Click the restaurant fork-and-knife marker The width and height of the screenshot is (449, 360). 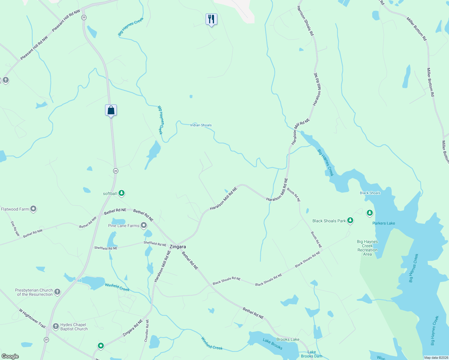[x=211, y=19]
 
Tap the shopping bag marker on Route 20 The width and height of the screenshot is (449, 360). [x=111, y=110]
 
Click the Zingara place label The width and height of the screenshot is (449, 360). [x=178, y=247]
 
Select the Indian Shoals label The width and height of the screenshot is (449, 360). [x=201, y=125]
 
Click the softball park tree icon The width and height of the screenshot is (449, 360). [x=122, y=193]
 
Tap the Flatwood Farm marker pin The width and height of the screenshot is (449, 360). [x=33, y=209]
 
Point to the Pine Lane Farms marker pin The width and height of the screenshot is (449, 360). [x=144, y=225]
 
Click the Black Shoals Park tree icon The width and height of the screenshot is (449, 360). [x=350, y=220]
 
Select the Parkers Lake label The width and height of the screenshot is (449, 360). [x=384, y=223]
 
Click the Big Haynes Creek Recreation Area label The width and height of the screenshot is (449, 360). [x=367, y=248]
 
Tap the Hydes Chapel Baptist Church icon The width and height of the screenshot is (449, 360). [x=56, y=326]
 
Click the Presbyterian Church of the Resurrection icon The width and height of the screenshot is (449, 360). [x=57, y=292]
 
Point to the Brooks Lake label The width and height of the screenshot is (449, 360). [x=288, y=339]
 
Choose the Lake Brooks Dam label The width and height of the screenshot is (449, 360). [x=312, y=354]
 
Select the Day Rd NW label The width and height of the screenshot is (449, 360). [x=15, y=229]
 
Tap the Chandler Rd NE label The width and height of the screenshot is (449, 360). [x=146, y=331]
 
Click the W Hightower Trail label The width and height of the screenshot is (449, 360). [x=32, y=318]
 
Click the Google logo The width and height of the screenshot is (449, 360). [x=10, y=356]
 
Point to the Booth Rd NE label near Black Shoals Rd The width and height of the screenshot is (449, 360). [x=316, y=240]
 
